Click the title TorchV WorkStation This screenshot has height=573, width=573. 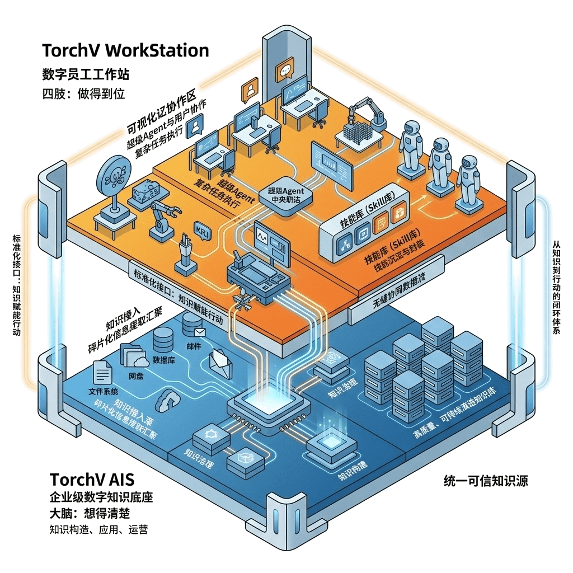pyautogui.click(x=125, y=51)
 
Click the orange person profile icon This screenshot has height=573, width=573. pyautogui.click(x=249, y=91)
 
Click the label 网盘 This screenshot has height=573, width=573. pyautogui.click(x=136, y=375)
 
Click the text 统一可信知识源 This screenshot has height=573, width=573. pyautogui.click(x=485, y=481)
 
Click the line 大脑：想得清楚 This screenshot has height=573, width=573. pyautogui.click(x=90, y=513)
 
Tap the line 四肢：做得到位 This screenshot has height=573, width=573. pyautogui.click(x=84, y=93)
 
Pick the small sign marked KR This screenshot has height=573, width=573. pyautogui.click(x=199, y=230)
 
